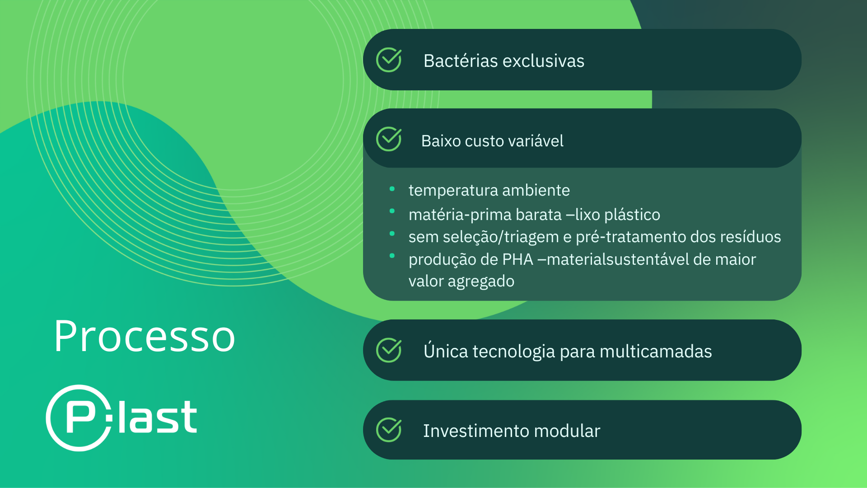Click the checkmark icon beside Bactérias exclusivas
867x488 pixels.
(x=389, y=60)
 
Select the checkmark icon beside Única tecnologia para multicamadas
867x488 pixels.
(x=389, y=350)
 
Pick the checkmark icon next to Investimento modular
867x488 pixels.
(x=389, y=430)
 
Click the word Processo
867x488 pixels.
(x=144, y=336)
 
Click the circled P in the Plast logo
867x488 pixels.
(x=79, y=418)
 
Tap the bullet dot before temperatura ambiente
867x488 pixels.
(x=392, y=189)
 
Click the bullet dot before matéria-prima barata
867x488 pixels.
(x=392, y=211)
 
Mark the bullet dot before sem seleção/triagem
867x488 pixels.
(x=392, y=234)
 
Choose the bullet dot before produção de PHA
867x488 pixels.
(x=392, y=256)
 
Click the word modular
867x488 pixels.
(x=567, y=431)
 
